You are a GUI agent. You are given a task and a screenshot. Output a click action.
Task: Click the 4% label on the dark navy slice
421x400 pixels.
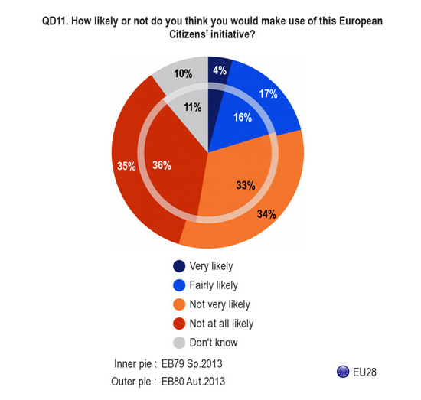click(x=220, y=70)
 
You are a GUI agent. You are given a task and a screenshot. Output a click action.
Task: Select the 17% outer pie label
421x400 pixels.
click(x=268, y=94)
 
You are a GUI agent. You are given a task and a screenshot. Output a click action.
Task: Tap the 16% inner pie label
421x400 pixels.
click(x=243, y=118)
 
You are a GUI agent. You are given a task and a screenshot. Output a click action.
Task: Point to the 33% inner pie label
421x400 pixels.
click(x=246, y=185)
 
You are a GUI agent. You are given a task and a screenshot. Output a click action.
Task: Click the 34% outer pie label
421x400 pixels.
click(x=266, y=214)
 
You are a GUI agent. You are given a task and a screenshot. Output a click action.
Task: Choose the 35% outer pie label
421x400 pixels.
click(x=126, y=166)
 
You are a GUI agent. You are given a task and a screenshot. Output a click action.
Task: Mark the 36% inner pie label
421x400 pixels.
click(x=162, y=165)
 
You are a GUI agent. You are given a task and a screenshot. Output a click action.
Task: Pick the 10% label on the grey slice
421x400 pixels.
click(x=183, y=73)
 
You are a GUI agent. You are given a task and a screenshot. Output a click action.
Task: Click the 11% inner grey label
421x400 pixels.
click(x=193, y=108)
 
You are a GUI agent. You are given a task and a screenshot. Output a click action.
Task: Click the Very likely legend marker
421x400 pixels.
click(x=179, y=266)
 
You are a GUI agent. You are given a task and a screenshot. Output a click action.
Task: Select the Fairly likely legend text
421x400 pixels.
click(x=214, y=285)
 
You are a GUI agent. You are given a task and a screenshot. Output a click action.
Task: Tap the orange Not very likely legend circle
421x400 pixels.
click(x=179, y=304)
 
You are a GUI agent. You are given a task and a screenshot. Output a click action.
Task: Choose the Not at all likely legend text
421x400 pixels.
click(x=221, y=324)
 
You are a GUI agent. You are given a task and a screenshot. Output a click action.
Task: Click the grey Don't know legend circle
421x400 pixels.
click(x=179, y=343)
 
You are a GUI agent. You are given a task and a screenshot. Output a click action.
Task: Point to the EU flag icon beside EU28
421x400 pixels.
click(x=343, y=372)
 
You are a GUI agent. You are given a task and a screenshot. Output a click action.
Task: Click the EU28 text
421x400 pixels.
click(x=364, y=372)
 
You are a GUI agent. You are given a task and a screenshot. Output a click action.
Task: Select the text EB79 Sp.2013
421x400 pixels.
click(x=191, y=364)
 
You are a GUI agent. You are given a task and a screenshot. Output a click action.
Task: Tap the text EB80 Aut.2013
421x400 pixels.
click(x=193, y=382)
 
